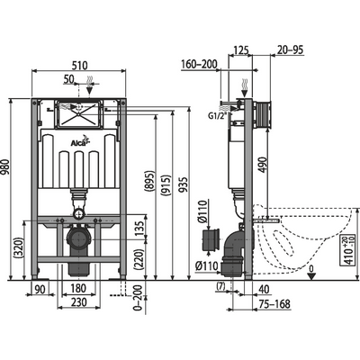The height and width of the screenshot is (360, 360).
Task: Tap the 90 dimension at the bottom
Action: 40,289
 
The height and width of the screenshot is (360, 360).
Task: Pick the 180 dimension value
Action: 79,289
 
